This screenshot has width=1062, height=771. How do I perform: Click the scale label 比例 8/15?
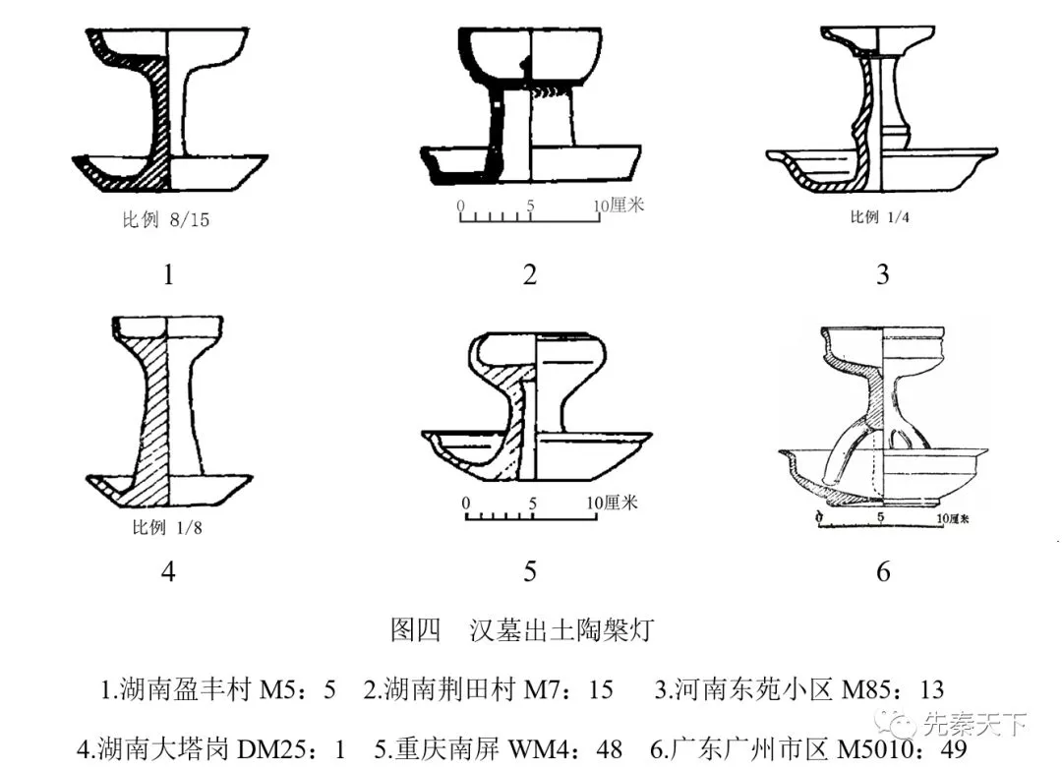pos(165,220)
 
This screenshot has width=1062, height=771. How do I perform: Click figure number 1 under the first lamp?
pos(168,274)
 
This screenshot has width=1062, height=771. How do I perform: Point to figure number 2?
pos(530,274)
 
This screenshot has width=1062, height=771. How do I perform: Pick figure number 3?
pos(882,274)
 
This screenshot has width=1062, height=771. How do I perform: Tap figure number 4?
pos(168,571)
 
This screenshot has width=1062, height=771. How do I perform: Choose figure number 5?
pos(530,571)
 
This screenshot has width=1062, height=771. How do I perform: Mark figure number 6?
pos(883,571)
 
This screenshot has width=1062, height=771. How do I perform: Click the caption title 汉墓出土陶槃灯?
pos(561,629)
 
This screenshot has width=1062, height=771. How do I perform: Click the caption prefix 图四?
pos(415,629)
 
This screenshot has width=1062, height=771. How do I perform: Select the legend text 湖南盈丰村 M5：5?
pos(218,689)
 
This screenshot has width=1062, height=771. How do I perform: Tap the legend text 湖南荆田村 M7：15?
pos(489,689)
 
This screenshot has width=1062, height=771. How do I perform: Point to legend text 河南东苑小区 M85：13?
pos(799,689)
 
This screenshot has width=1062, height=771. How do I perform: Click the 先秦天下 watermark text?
pos(974,726)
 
